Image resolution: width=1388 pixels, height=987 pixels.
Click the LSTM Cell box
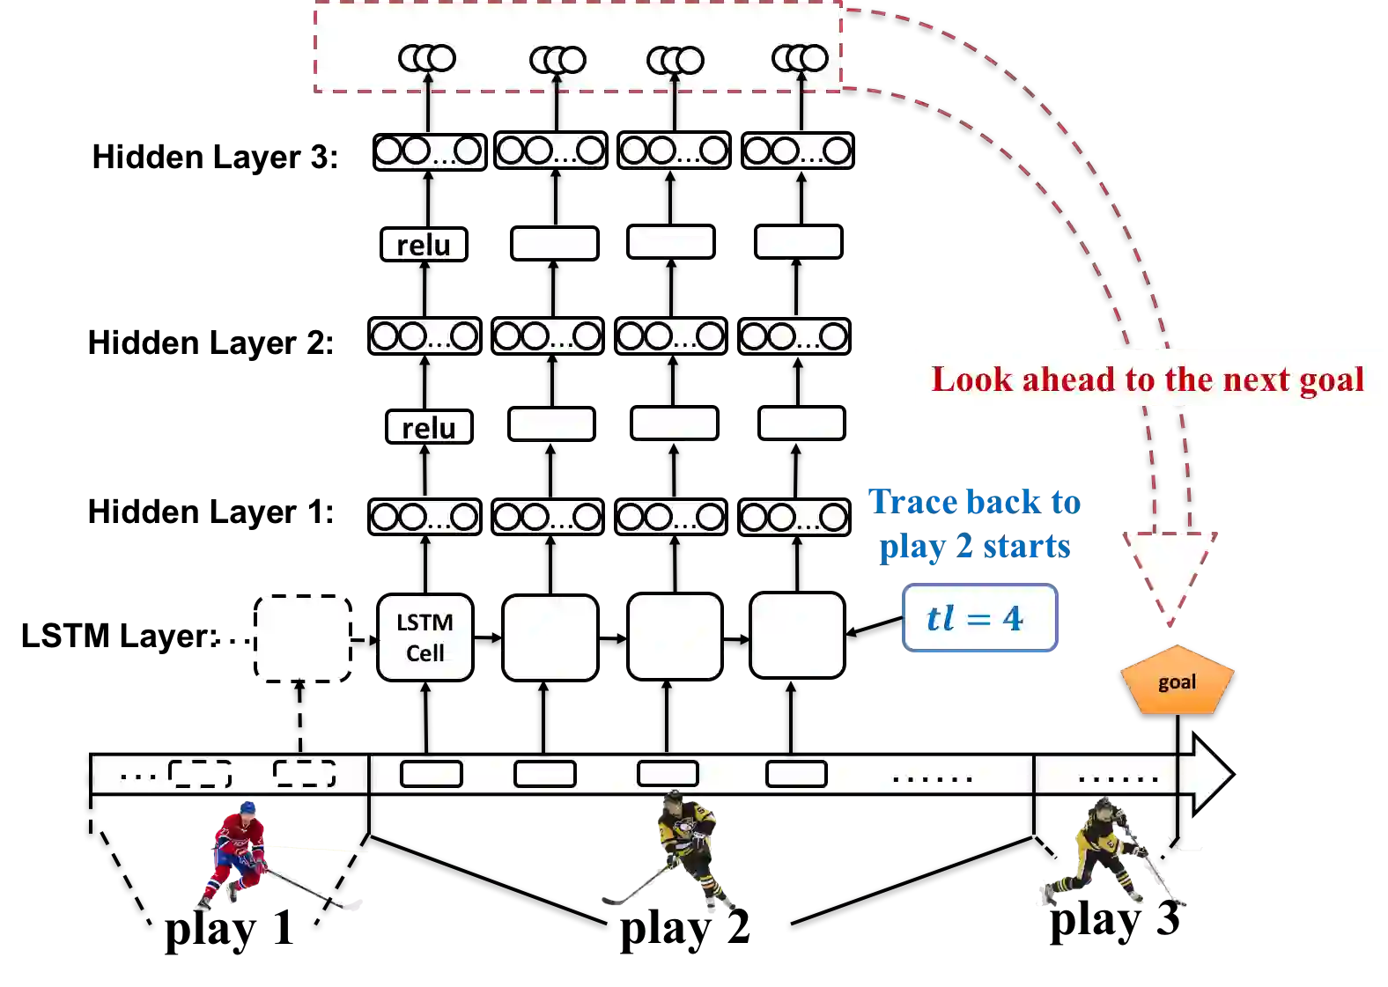pos(425,637)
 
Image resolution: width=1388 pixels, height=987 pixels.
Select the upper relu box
pos(424,244)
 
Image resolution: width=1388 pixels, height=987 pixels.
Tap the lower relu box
pos(429,427)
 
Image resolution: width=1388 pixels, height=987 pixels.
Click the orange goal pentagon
pos(1177,681)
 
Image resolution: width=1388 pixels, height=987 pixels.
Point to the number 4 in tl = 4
pos(1013,618)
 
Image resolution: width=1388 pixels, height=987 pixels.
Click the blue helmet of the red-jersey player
pos(248,807)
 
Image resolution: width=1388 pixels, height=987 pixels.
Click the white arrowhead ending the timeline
pos(1208,774)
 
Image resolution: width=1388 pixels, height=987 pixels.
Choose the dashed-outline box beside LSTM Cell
pos(303,637)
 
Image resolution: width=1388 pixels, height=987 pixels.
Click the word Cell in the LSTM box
pos(425,653)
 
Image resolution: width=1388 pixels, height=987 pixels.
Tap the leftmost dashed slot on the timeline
pos(200,774)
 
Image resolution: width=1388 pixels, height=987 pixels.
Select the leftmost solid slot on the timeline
pos(432,774)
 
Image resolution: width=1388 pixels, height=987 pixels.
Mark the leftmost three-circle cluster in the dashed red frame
pos(427,58)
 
